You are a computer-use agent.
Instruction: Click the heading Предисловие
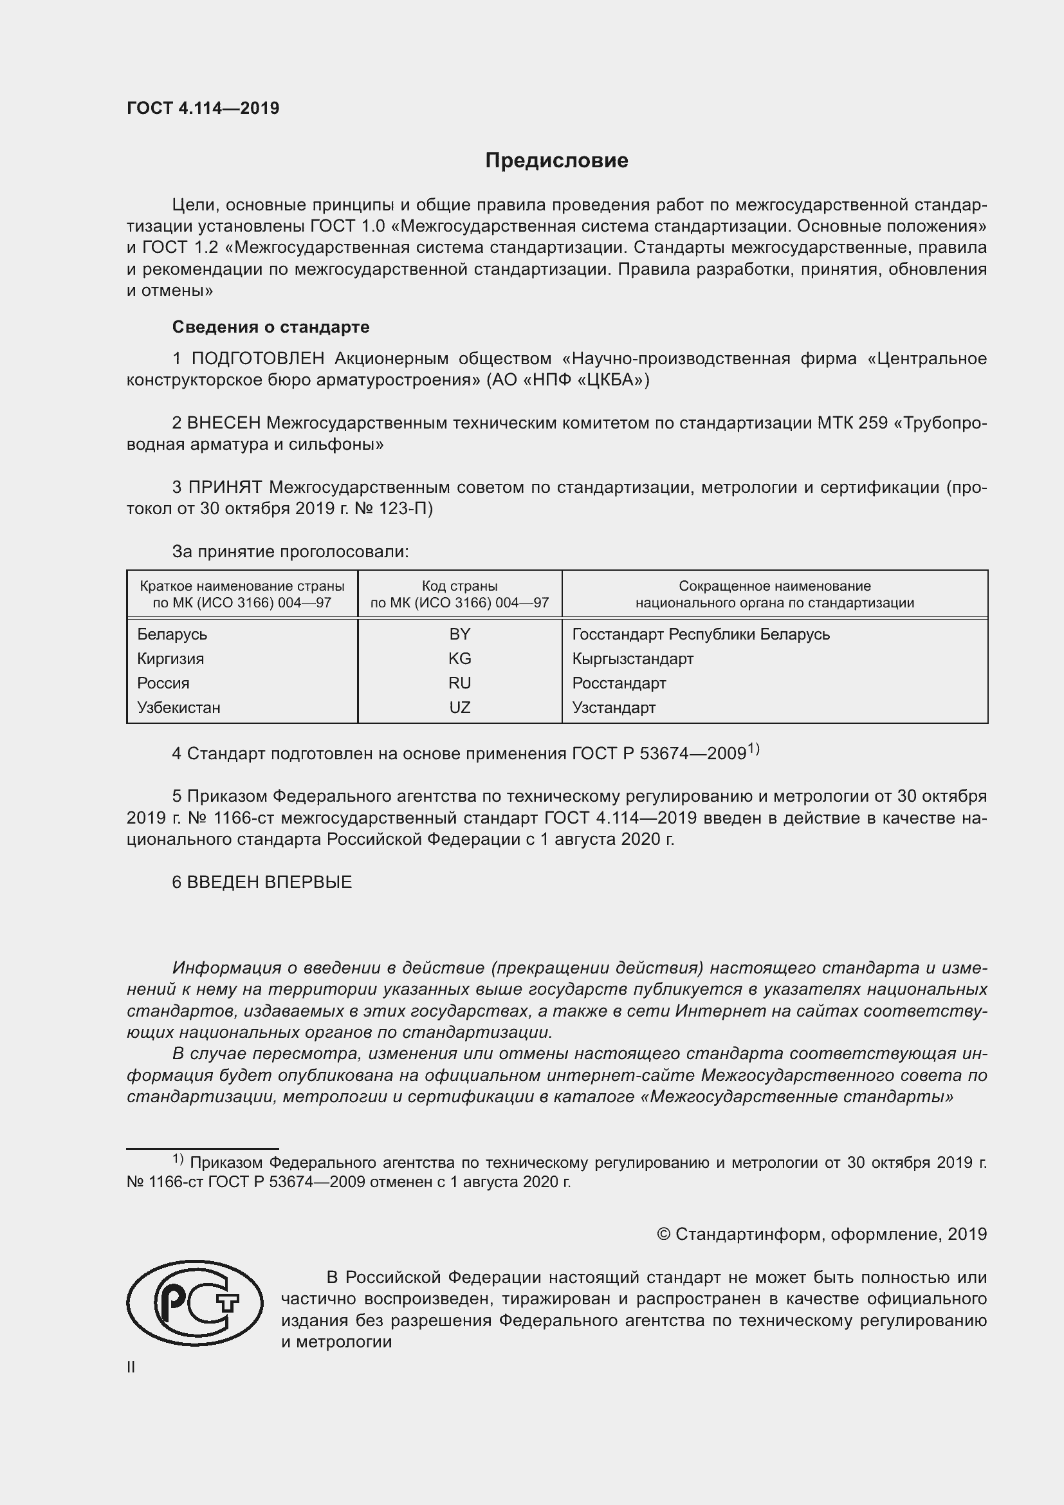click(556, 161)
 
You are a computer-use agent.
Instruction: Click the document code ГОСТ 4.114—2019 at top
click(203, 108)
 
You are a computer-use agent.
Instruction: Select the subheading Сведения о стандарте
click(271, 326)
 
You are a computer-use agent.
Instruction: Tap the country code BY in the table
click(459, 634)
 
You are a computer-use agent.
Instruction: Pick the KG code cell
click(459, 658)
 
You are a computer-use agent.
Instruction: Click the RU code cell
click(459, 683)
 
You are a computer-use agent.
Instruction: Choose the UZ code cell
click(459, 707)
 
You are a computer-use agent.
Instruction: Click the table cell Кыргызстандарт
click(632, 658)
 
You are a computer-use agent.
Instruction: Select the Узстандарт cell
click(613, 707)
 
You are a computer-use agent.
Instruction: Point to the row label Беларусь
click(172, 634)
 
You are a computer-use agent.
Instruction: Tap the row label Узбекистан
click(178, 707)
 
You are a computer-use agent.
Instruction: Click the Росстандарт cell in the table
click(618, 683)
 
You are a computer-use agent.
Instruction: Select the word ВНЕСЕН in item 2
click(223, 423)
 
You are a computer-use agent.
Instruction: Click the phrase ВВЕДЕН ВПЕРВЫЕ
click(270, 882)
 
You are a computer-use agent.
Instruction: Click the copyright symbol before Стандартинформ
click(663, 1234)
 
